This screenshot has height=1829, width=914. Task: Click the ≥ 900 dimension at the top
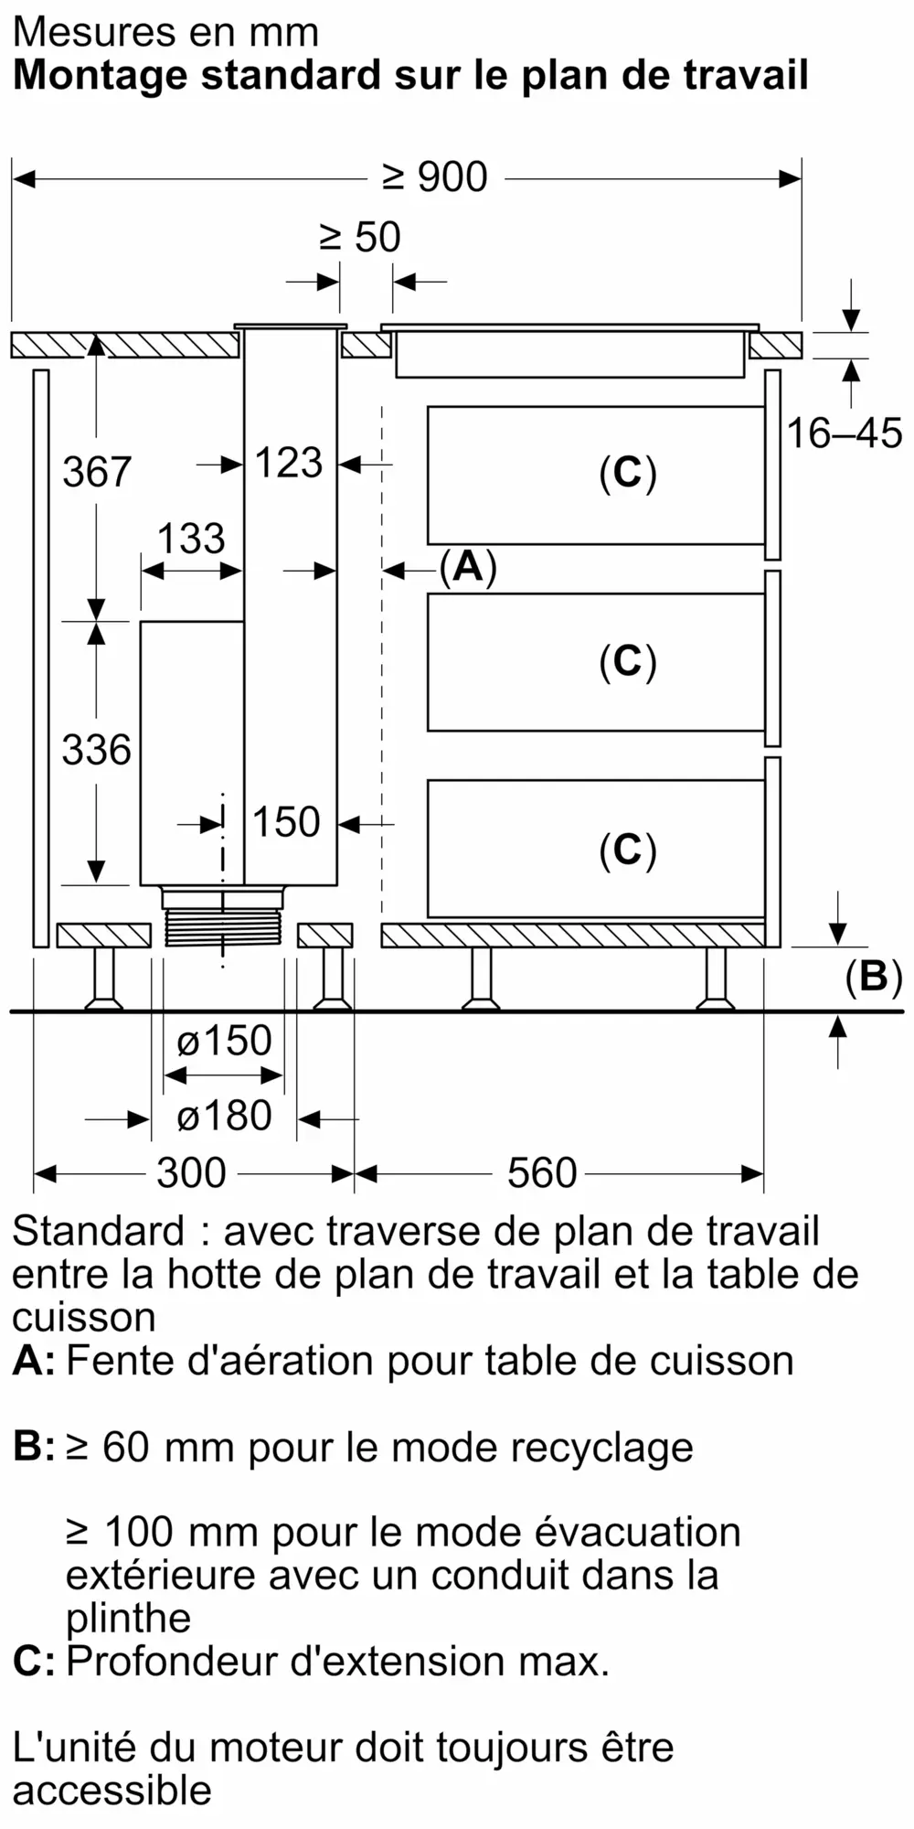click(x=435, y=177)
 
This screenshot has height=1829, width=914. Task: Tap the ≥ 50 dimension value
click(x=360, y=238)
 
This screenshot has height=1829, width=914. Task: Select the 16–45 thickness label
click(x=844, y=433)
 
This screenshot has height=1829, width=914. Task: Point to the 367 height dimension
click(x=97, y=473)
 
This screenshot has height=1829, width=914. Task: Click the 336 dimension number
click(x=97, y=751)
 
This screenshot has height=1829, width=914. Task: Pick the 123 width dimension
click(x=288, y=463)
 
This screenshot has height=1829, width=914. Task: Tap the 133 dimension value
click(x=191, y=539)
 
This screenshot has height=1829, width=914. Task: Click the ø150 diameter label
click(x=224, y=1041)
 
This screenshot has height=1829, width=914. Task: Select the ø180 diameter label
click(x=224, y=1117)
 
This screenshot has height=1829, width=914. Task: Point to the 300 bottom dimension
click(x=191, y=1173)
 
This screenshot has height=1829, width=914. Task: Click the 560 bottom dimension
click(x=542, y=1173)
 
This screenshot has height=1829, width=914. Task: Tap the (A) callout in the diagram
click(x=468, y=568)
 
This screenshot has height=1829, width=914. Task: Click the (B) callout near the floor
click(x=873, y=977)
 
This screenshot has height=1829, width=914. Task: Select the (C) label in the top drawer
click(x=628, y=474)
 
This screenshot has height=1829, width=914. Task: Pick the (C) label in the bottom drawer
click(x=628, y=850)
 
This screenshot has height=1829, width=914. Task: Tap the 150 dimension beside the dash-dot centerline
click(x=286, y=822)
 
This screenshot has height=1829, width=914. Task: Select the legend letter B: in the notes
click(x=33, y=1447)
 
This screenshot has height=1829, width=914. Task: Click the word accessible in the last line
click(x=112, y=1790)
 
